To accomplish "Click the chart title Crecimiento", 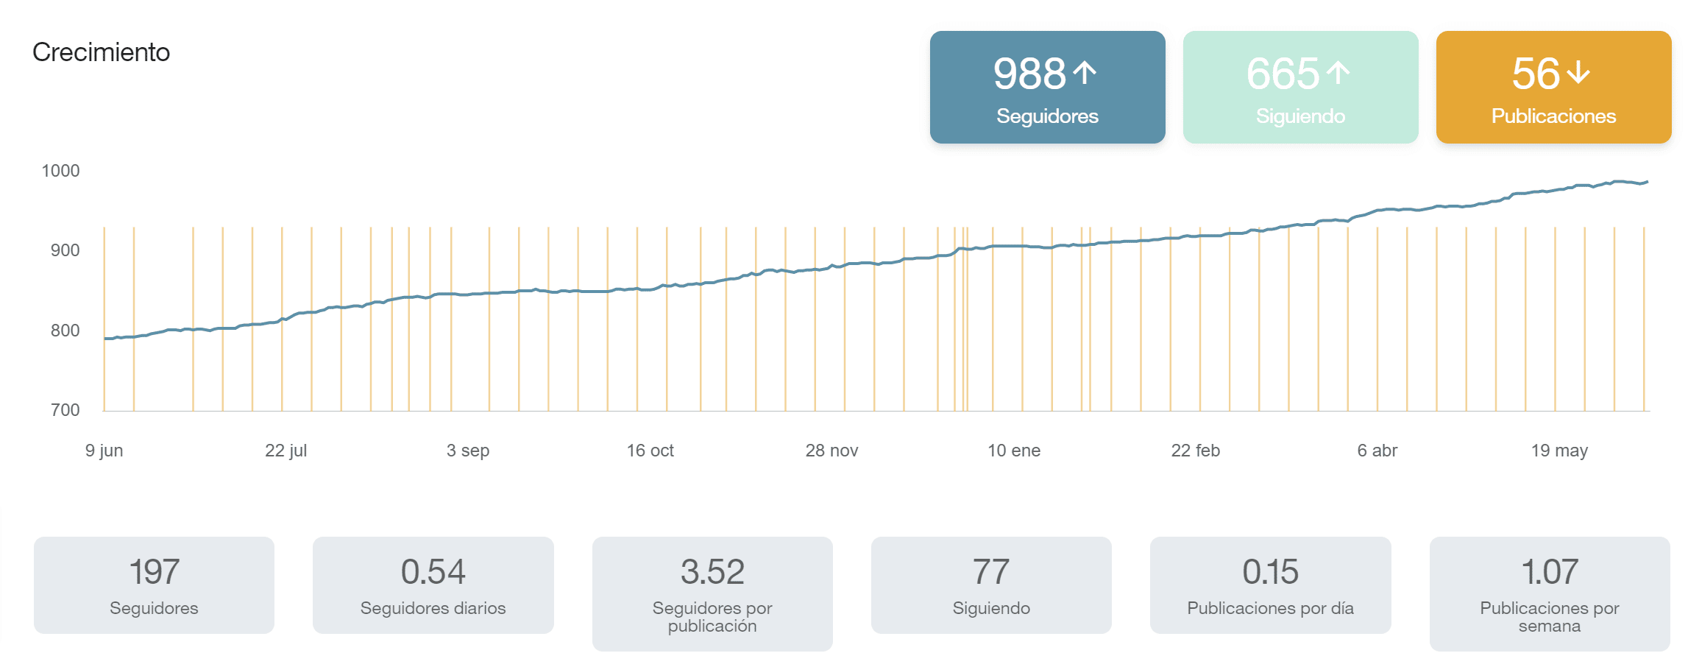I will click(x=101, y=52).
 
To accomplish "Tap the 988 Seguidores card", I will click(x=1047, y=88).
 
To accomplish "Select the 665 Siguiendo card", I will click(x=1300, y=88).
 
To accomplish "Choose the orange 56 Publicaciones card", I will click(x=1553, y=88).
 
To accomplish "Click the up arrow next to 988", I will click(x=1085, y=73).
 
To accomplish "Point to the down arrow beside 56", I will click(x=1578, y=73).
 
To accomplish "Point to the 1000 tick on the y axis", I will click(x=60, y=171).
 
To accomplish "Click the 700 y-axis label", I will click(x=65, y=410).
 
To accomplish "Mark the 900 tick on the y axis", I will click(x=65, y=250).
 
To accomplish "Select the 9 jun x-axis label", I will click(x=104, y=451).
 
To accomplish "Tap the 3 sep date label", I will click(x=468, y=451).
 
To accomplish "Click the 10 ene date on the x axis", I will click(x=1014, y=451).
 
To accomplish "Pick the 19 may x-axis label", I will click(x=1559, y=451).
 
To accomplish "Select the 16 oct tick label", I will click(x=650, y=451).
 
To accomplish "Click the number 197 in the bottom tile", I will click(x=154, y=572).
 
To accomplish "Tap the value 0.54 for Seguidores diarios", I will click(x=433, y=572).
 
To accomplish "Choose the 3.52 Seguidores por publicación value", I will click(x=712, y=572).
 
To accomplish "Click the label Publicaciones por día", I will click(x=1270, y=608).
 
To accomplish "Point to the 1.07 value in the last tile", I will click(x=1550, y=572).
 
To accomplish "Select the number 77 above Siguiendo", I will click(x=991, y=572).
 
